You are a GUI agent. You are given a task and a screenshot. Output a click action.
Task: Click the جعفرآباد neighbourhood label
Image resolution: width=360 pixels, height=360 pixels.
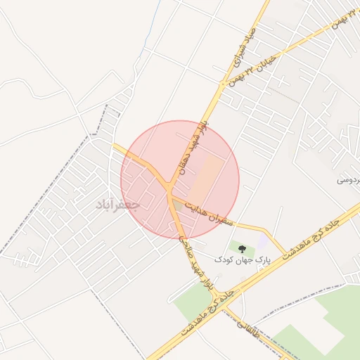[x=119, y=205]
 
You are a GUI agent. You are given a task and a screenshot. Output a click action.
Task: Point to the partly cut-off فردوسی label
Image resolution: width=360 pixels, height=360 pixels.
[x=349, y=181]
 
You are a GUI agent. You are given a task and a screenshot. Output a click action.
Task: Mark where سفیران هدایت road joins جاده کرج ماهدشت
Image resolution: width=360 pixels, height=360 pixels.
[x=285, y=253]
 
